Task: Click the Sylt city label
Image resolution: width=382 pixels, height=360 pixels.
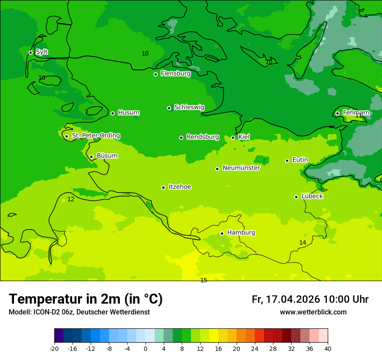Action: (42, 52)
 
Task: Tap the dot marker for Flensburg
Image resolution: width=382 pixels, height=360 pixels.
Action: (155, 74)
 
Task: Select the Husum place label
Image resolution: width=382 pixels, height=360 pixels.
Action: (128, 113)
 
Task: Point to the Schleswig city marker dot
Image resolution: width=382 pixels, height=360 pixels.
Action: (169, 108)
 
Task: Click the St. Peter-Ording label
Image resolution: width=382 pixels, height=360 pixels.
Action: (95, 136)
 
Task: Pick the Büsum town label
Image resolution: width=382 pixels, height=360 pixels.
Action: (107, 156)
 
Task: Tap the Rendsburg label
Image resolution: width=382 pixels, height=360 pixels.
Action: (203, 137)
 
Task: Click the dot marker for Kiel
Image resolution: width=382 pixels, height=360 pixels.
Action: (233, 137)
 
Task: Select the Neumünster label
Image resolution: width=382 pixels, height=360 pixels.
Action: (241, 168)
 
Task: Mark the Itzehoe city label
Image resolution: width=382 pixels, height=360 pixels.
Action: (180, 187)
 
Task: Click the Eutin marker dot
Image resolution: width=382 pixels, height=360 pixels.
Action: (287, 160)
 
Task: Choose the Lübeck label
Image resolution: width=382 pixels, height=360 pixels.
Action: (312, 196)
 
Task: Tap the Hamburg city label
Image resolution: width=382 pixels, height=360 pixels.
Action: (241, 232)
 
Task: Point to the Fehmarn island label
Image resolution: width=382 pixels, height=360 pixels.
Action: (356, 113)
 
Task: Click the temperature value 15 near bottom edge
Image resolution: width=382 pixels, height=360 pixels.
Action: (204, 280)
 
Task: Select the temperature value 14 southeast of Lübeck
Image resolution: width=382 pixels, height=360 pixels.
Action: (303, 242)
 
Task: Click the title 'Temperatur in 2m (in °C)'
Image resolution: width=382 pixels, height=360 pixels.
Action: (86, 299)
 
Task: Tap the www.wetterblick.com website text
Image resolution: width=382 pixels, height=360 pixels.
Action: (313, 312)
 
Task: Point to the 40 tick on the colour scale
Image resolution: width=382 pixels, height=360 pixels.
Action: (327, 348)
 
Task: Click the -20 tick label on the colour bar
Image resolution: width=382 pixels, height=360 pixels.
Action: (54, 348)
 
